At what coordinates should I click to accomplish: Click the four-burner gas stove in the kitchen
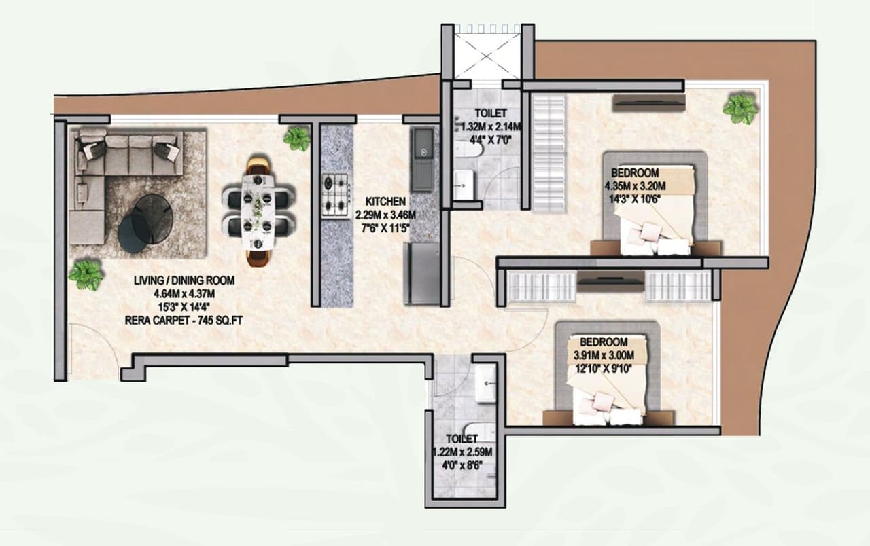334,195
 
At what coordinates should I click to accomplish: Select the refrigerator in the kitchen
421,274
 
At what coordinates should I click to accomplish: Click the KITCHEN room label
385,202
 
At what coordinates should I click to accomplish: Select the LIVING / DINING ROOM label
183,280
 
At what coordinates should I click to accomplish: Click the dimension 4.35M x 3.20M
635,185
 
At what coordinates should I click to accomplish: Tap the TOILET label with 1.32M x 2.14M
491,113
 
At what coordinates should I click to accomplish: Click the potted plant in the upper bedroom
739,108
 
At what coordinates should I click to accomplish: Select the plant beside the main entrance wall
86,275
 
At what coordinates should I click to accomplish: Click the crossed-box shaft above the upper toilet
487,52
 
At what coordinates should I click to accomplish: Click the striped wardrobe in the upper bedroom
548,153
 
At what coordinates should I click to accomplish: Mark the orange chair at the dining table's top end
258,166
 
